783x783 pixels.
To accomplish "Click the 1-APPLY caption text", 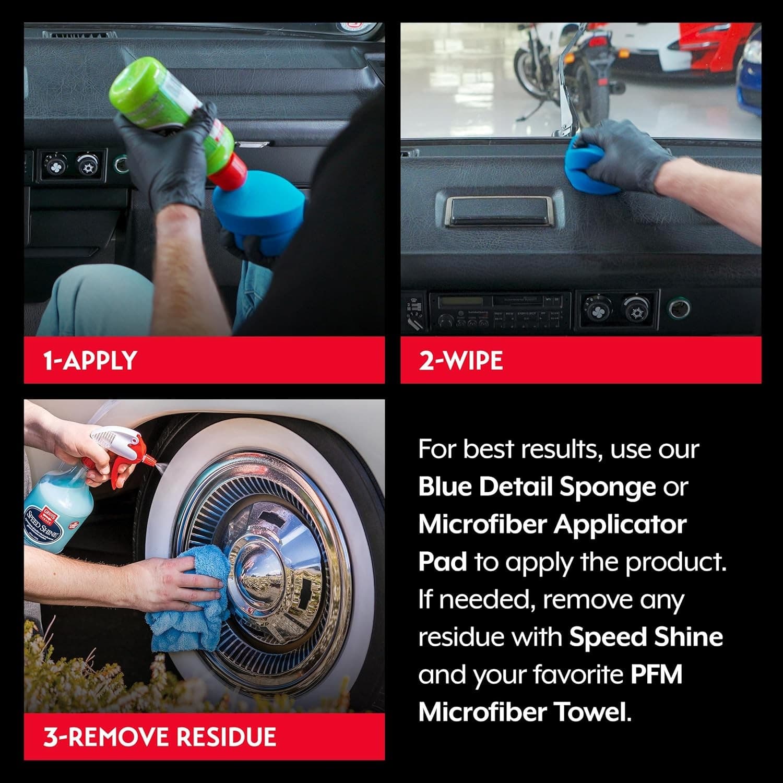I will click(90, 361).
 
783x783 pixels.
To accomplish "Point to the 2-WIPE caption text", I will click(460, 361).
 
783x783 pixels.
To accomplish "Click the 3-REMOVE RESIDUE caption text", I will click(159, 737).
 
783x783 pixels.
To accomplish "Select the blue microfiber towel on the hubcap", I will click(193, 595).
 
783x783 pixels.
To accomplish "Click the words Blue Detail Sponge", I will click(537, 487).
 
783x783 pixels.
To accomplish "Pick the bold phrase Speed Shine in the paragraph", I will click(646, 637).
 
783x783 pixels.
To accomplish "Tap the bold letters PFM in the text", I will click(656, 674).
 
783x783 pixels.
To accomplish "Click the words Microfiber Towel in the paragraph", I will click(524, 712).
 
